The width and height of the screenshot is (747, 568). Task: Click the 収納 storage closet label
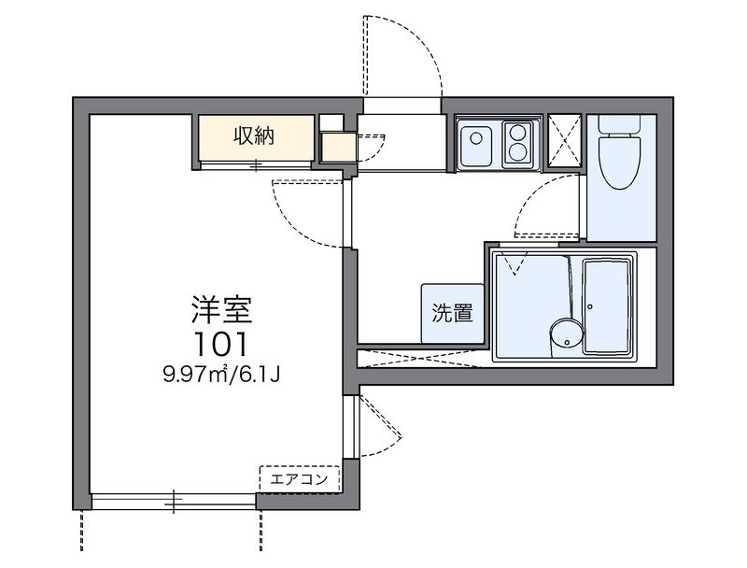click(253, 136)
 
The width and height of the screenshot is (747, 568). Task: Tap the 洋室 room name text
click(223, 308)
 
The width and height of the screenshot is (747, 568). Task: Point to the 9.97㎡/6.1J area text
click(222, 375)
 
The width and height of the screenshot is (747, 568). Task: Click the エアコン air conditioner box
click(298, 478)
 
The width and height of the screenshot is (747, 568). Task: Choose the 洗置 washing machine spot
click(452, 311)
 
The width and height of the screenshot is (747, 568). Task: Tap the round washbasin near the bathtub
click(565, 334)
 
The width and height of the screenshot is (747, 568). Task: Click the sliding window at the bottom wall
click(174, 502)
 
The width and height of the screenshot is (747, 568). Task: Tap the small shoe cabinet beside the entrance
click(337, 147)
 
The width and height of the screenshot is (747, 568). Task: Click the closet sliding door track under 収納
click(254, 165)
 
